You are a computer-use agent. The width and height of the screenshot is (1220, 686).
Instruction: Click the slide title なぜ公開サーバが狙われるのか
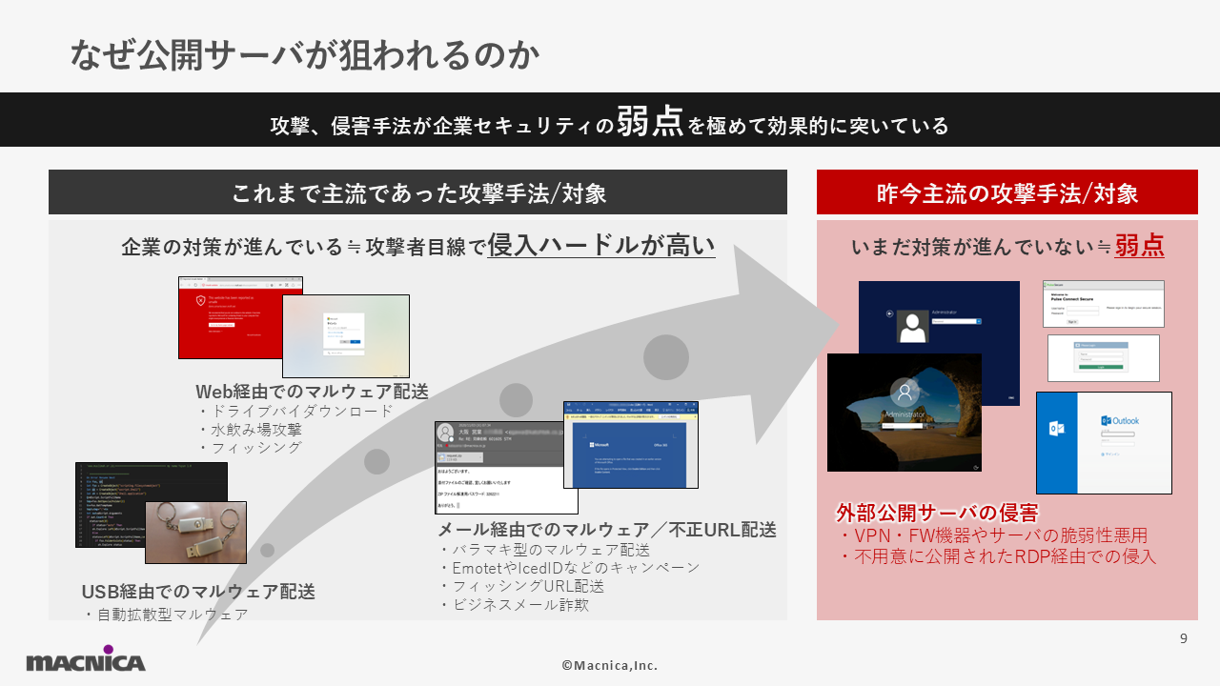click(x=305, y=55)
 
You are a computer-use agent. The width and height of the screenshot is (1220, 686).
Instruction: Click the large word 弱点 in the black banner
click(x=650, y=122)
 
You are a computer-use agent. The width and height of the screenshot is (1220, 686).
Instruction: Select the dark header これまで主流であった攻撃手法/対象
click(x=418, y=193)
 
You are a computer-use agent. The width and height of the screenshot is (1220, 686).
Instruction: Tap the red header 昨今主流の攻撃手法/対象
click(x=1006, y=193)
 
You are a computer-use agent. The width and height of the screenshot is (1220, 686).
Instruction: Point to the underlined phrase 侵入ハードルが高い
click(x=600, y=245)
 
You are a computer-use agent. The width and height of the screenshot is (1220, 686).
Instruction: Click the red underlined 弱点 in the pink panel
click(x=1139, y=246)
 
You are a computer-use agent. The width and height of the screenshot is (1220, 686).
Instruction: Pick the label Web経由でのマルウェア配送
click(x=312, y=392)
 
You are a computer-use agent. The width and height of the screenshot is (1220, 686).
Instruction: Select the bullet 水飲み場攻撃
click(x=255, y=429)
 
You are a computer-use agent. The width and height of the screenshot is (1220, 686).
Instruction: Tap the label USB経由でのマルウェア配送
click(x=198, y=592)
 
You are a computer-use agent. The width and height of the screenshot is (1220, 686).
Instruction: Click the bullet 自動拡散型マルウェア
click(x=172, y=615)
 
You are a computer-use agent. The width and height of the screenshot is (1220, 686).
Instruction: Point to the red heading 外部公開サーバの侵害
click(x=937, y=513)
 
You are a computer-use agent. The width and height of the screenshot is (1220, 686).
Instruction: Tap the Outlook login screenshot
click(x=1104, y=442)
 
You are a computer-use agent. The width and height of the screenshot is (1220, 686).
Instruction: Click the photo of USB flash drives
click(x=195, y=532)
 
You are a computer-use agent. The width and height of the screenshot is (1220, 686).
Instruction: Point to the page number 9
click(x=1184, y=639)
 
